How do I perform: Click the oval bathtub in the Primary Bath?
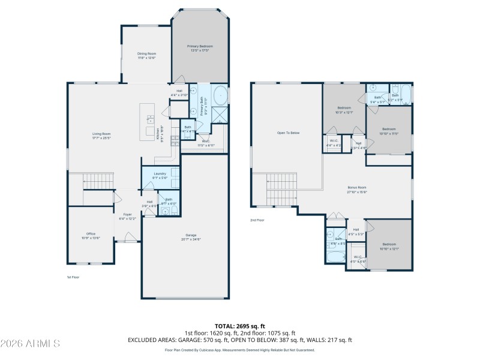[x=220, y=95]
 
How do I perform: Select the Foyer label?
[x=128, y=216]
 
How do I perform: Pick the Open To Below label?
[x=288, y=133]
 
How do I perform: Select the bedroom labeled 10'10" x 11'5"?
[x=389, y=130]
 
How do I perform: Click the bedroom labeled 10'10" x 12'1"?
[x=389, y=246]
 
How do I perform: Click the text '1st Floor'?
[x=73, y=277]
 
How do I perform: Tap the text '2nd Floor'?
[x=257, y=220]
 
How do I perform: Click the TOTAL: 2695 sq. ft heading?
[x=240, y=328]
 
